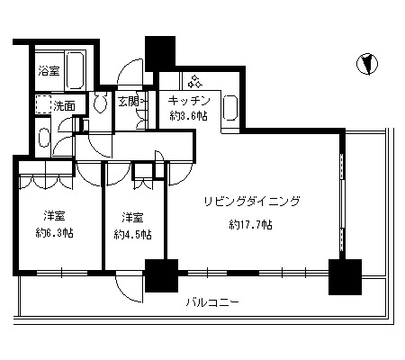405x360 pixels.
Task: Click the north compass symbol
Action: tap(367, 64)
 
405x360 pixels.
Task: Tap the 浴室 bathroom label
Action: tap(49, 71)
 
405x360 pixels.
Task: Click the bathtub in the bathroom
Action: tap(75, 71)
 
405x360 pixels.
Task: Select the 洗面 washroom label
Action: tap(64, 106)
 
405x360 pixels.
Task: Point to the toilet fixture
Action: tap(100, 102)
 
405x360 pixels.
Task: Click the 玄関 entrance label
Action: tap(129, 102)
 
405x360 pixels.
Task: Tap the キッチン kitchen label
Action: tap(189, 101)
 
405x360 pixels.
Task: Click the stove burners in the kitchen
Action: tap(194, 81)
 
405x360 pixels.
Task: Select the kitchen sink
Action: tap(230, 108)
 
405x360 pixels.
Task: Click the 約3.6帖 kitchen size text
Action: tap(189, 116)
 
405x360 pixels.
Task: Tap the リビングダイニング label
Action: tap(252, 202)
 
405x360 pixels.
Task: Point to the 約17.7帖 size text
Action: tap(251, 224)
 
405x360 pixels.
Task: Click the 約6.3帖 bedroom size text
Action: tap(54, 233)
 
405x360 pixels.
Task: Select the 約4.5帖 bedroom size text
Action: tap(132, 234)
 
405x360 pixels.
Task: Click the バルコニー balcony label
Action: tap(212, 302)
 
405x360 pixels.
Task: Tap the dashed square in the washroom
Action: tap(44, 104)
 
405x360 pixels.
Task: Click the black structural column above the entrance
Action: tap(160, 54)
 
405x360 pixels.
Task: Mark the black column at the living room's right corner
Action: tap(345, 277)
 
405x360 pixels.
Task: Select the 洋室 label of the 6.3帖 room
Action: tap(54, 216)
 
